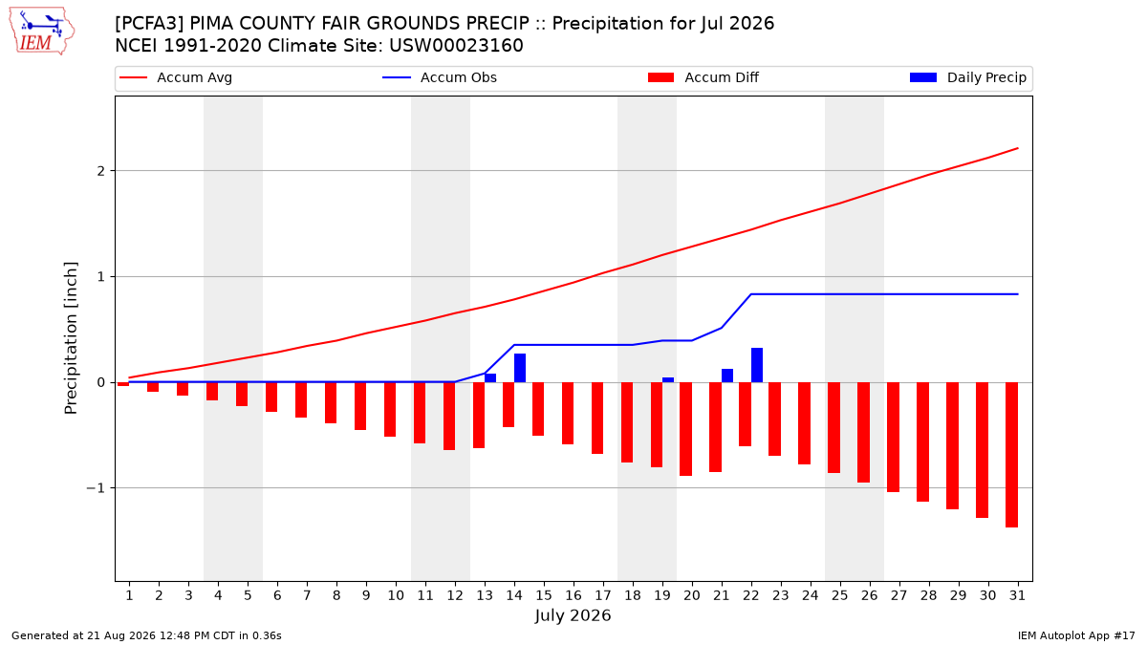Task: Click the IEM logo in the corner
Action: (42, 31)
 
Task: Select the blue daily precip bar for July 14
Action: (520, 368)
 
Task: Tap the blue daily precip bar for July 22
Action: (757, 365)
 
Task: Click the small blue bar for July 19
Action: (668, 380)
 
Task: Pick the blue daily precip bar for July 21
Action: (727, 376)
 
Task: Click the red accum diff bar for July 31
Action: (1011, 455)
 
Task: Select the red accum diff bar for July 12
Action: (449, 417)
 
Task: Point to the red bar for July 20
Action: (686, 429)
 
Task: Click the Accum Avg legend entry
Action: (176, 77)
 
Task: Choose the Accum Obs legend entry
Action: (440, 77)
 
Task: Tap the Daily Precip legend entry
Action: (967, 77)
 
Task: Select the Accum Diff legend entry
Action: (703, 77)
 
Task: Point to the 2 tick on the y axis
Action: (101, 170)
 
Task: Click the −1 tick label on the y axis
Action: (96, 488)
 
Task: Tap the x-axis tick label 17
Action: (603, 595)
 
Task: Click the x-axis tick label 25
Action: (840, 595)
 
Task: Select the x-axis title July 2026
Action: (573, 615)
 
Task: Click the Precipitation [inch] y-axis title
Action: (71, 338)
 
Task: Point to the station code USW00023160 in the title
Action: (456, 46)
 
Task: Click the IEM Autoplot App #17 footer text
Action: (1076, 635)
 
